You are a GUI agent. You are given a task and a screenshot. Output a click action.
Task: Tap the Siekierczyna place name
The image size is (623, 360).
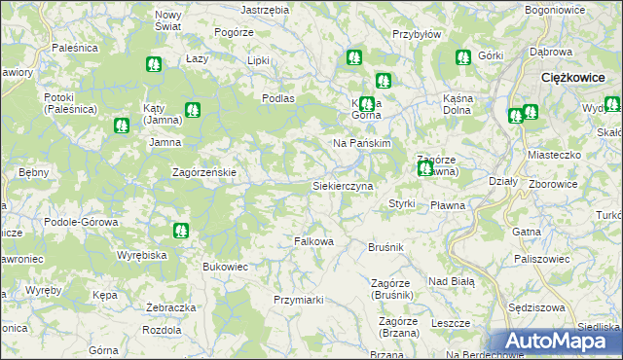coord(343,184)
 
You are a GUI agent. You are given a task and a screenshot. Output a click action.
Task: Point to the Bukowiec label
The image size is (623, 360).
coord(226,265)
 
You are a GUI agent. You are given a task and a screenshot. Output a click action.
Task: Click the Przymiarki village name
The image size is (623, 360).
coord(298,300)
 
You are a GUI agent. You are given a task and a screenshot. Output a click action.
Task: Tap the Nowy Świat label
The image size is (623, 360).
coord(168,21)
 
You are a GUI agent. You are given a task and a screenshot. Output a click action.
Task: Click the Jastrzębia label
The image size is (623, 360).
coord(265,9)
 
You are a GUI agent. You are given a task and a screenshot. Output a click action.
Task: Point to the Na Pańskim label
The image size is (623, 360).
coord(362,143)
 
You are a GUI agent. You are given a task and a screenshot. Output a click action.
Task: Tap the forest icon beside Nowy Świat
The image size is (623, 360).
coord(153,65)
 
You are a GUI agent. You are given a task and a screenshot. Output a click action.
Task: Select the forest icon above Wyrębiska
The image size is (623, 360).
coord(179,231)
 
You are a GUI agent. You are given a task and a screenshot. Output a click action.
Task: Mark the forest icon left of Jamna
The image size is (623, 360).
coord(121,125)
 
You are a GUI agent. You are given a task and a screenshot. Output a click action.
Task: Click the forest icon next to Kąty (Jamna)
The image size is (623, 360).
coord(192,111)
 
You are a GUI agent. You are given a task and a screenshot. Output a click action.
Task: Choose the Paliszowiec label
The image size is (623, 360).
coord(541,259)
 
